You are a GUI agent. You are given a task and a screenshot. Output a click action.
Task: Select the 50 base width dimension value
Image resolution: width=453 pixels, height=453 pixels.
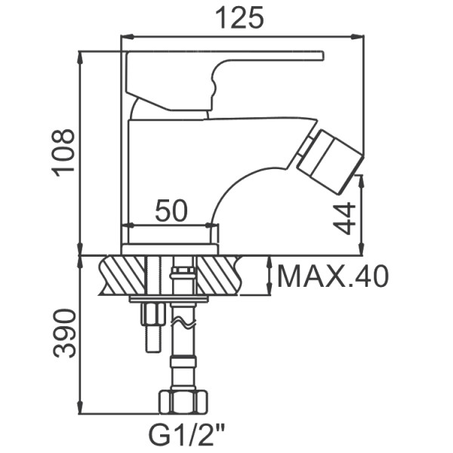[x=171, y=211]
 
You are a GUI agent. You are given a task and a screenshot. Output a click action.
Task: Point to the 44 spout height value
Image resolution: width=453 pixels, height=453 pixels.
[x=344, y=219]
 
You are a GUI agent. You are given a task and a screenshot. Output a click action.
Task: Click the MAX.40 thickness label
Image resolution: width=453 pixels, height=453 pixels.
[x=333, y=277]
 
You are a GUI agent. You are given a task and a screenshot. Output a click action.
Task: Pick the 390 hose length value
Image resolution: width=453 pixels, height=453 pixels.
[x=64, y=333]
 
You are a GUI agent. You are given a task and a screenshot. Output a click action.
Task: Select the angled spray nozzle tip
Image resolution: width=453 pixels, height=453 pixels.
[x=330, y=159]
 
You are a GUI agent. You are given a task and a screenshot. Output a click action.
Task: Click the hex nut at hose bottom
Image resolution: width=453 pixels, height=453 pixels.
[x=183, y=402]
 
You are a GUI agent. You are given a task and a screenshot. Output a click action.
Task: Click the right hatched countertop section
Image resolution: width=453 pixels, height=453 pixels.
[x=219, y=275]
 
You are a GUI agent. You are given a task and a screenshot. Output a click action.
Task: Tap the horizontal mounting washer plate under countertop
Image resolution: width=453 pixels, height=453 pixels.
[x=168, y=300]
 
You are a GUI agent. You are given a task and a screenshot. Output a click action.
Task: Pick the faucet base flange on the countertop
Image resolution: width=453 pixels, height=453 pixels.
[x=170, y=248]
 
